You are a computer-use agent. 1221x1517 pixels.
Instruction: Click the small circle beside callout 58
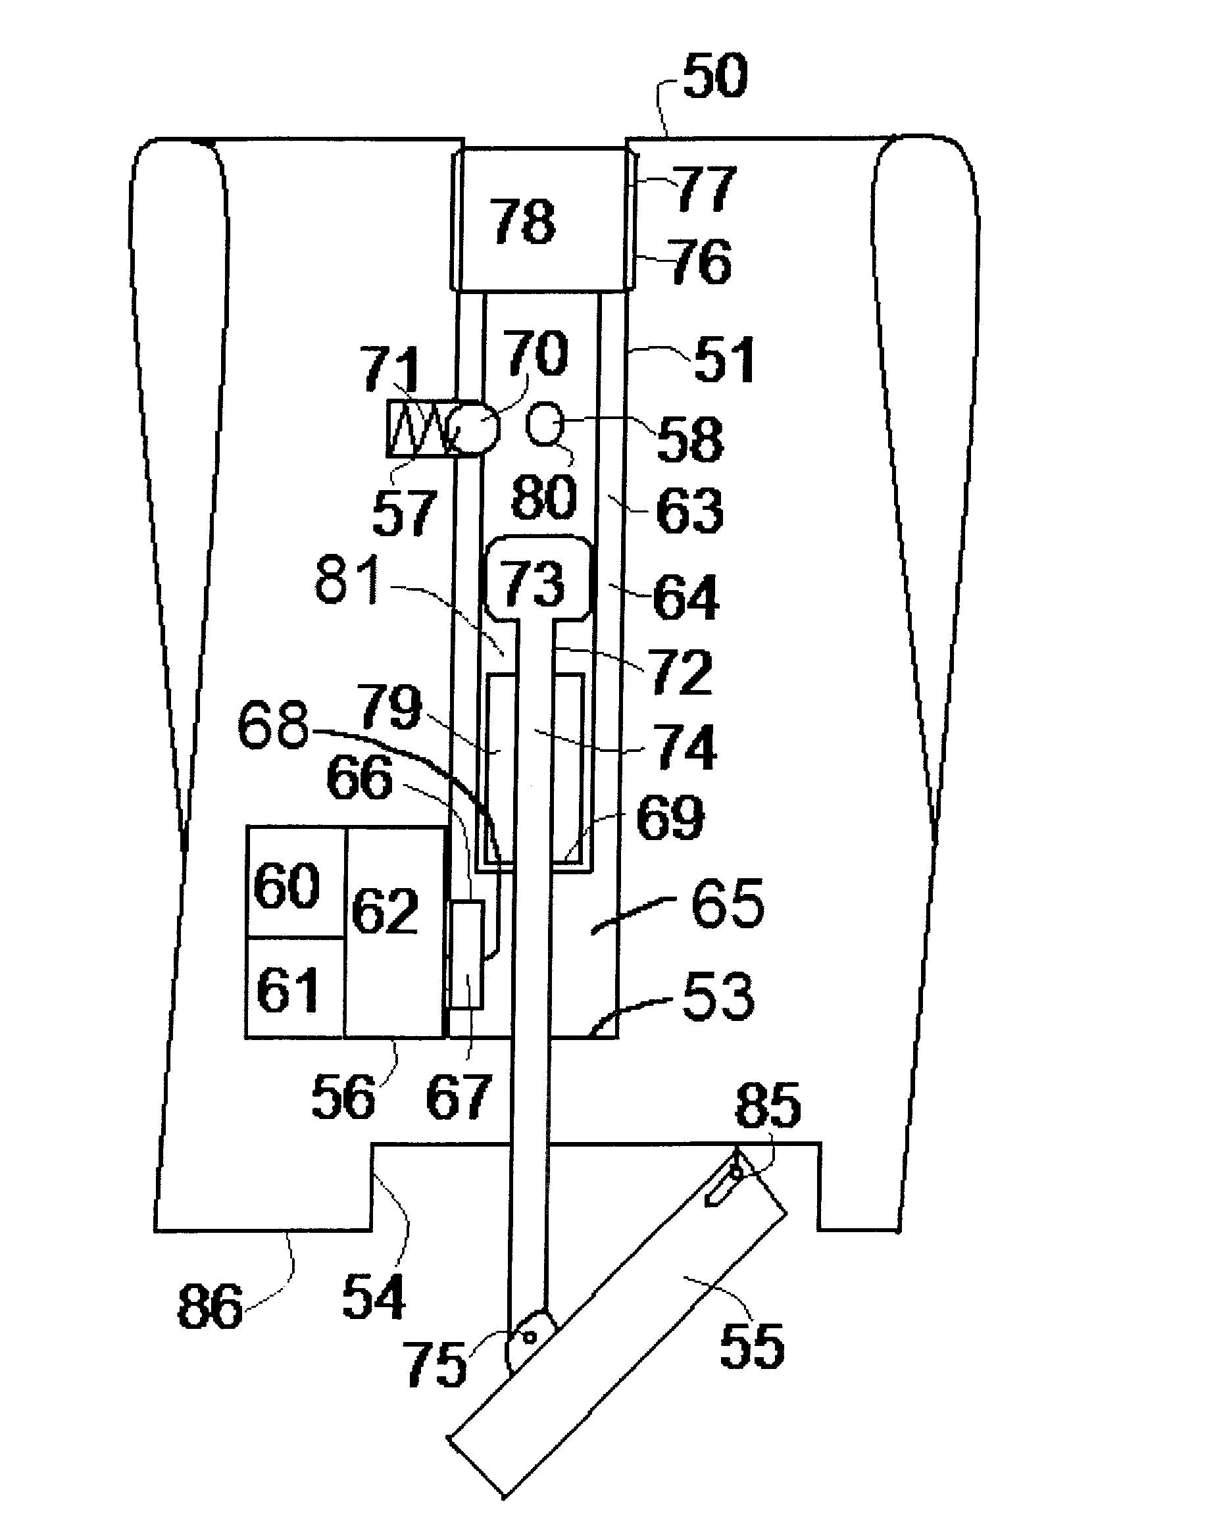(x=545, y=423)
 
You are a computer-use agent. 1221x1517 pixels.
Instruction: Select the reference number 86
(x=210, y=1306)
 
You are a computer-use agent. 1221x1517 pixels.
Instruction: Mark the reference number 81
(x=347, y=580)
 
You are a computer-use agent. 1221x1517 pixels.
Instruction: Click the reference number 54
(x=374, y=1297)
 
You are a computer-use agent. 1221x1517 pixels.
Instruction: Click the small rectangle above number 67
(x=466, y=954)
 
